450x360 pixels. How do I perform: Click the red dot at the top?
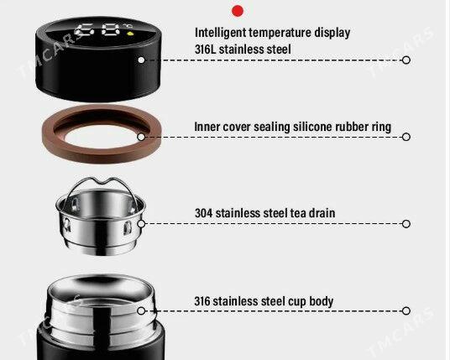click(x=238, y=11)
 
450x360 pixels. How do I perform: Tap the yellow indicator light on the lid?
click(x=130, y=34)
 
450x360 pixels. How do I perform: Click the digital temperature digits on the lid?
click(x=97, y=30)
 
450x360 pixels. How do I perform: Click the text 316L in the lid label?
click(x=205, y=50)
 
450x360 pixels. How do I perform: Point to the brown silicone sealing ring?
click(x=102, y=154)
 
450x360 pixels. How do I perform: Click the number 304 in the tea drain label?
click(x=203, y=213)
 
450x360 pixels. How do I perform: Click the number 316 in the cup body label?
click(x=202, y=301)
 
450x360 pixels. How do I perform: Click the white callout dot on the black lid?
click(x=141, y=60)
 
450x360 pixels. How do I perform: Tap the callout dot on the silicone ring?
click(x=141, y=137)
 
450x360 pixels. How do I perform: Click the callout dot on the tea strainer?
click(x=141, y=224)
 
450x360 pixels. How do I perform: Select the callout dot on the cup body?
click(x=141, y=310)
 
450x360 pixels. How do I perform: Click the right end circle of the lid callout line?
click(x=406, y=60)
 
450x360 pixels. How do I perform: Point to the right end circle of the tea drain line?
click(x=406, y=224)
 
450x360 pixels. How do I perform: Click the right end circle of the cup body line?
click(x=406, y=310)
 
